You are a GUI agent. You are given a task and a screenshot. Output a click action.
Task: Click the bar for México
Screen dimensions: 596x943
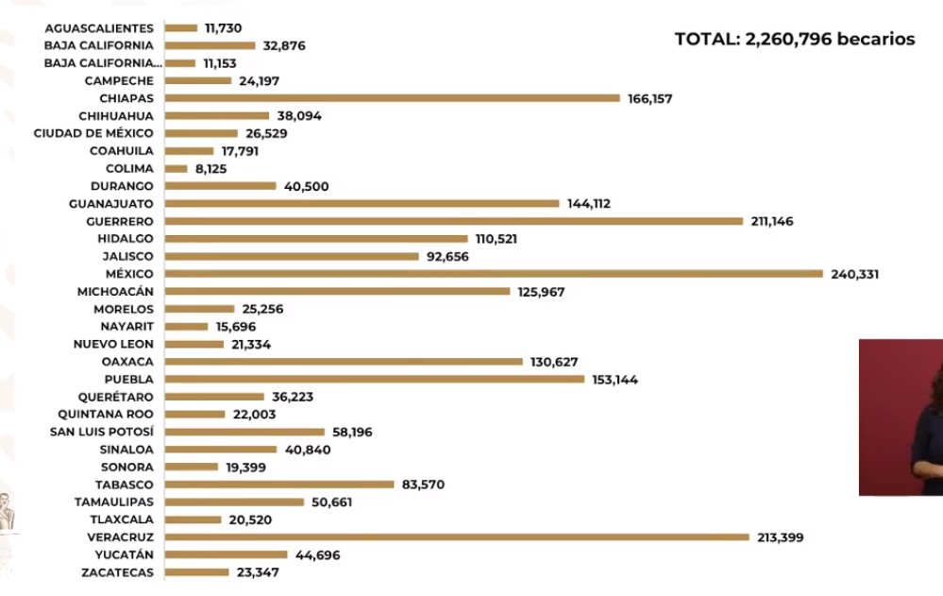pos(494,274)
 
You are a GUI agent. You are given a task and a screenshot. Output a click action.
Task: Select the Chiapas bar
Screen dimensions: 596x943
pos(392,98)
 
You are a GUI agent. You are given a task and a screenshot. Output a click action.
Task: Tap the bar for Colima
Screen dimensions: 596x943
pos(176,168)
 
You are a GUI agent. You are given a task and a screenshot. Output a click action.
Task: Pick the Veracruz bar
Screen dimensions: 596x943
pos(457,537)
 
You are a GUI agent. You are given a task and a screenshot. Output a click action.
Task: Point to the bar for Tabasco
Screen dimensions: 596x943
pos(278,485)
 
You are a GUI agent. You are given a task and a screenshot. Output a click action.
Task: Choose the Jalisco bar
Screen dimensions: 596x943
pos(292,256)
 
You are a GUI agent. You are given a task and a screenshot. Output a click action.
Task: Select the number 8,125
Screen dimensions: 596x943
pos(213,168)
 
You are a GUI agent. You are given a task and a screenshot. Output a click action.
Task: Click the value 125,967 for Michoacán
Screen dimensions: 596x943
pos(542,292)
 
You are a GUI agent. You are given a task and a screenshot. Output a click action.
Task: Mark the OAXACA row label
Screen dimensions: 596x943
pos(127,362)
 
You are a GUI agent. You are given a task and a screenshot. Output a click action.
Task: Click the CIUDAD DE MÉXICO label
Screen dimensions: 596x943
pos(93,133)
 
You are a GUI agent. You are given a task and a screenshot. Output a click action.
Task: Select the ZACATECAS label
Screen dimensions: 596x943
pos(118,572)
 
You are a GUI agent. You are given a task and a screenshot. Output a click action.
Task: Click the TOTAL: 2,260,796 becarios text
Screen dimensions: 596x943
pos(795,40)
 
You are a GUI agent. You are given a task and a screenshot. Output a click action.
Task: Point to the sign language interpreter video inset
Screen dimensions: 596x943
pos(901,417)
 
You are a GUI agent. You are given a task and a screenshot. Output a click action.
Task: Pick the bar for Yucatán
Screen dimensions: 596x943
pos(227,554)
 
